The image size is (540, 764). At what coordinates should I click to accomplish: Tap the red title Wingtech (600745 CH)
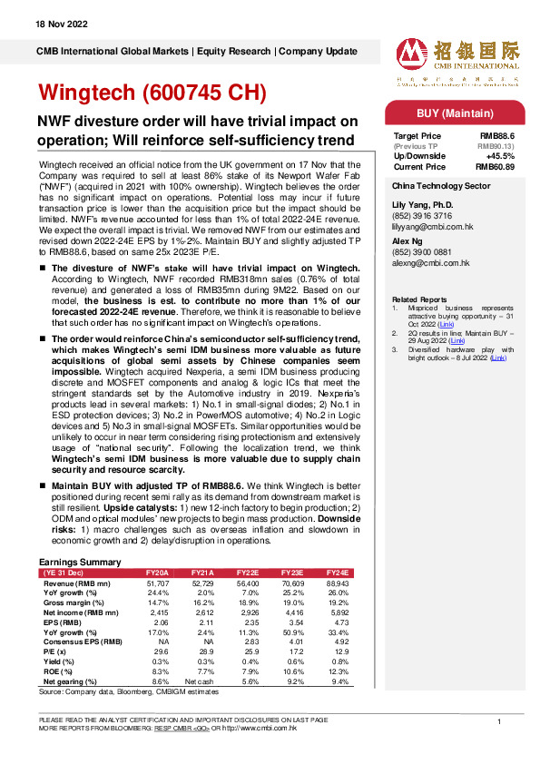click(151, 93)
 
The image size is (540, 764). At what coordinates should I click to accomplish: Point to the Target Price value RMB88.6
click(497, 135)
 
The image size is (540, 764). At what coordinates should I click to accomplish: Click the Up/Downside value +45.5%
click(500, 155)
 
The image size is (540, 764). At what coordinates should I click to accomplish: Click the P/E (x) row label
click(55, 651)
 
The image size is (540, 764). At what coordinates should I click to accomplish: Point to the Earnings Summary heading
click(82, 563)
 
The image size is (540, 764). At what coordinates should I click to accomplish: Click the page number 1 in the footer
click(499, 720)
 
